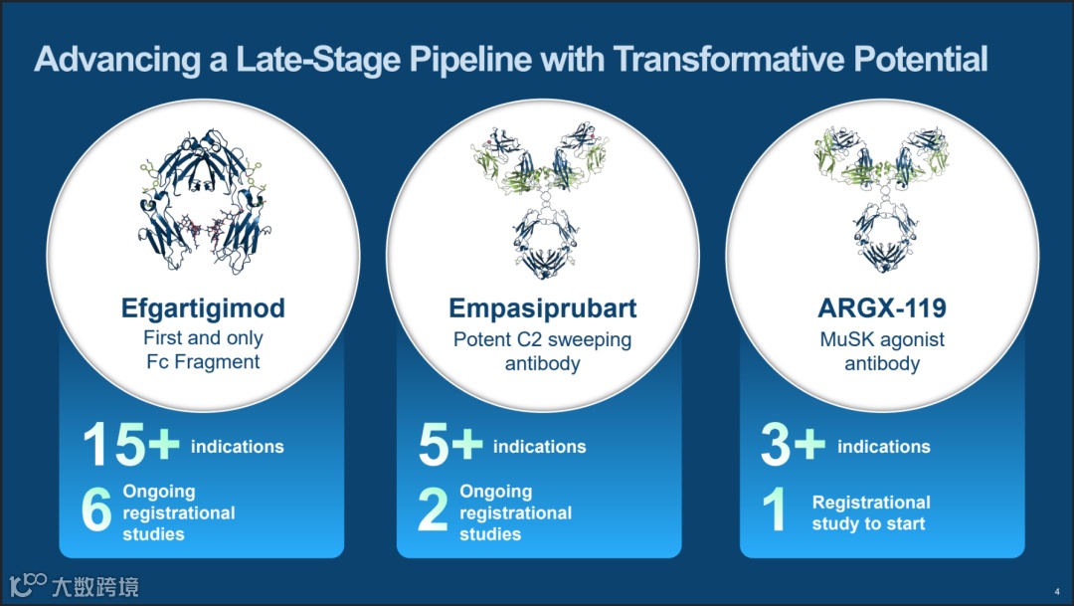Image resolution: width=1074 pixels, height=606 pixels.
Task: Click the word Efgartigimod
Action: pos(203,308)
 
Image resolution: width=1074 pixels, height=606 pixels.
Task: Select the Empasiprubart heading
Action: pos(542,308)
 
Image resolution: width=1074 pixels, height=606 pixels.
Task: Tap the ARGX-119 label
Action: pos(881,308)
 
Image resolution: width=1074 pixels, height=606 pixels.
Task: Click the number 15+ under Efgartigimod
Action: pos(130,445)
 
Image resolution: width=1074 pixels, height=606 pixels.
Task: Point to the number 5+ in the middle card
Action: pos(449,445)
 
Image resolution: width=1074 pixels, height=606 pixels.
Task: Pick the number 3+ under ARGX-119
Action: pos(793,445)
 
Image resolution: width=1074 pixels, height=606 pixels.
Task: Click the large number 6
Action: pos(96,511)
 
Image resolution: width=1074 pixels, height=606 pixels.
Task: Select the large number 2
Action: pos(433,511)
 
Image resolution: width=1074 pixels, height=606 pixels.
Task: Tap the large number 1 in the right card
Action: pos(775,511)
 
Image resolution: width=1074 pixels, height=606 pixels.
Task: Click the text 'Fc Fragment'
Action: pos(202,362)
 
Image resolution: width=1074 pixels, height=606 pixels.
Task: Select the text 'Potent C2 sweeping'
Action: pos(542,339)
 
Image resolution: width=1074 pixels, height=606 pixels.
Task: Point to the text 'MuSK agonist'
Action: pos(881,339)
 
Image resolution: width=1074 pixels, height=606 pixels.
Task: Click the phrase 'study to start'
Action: pos(868,524)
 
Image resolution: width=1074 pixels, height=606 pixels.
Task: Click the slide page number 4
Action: pos(1056,589)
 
